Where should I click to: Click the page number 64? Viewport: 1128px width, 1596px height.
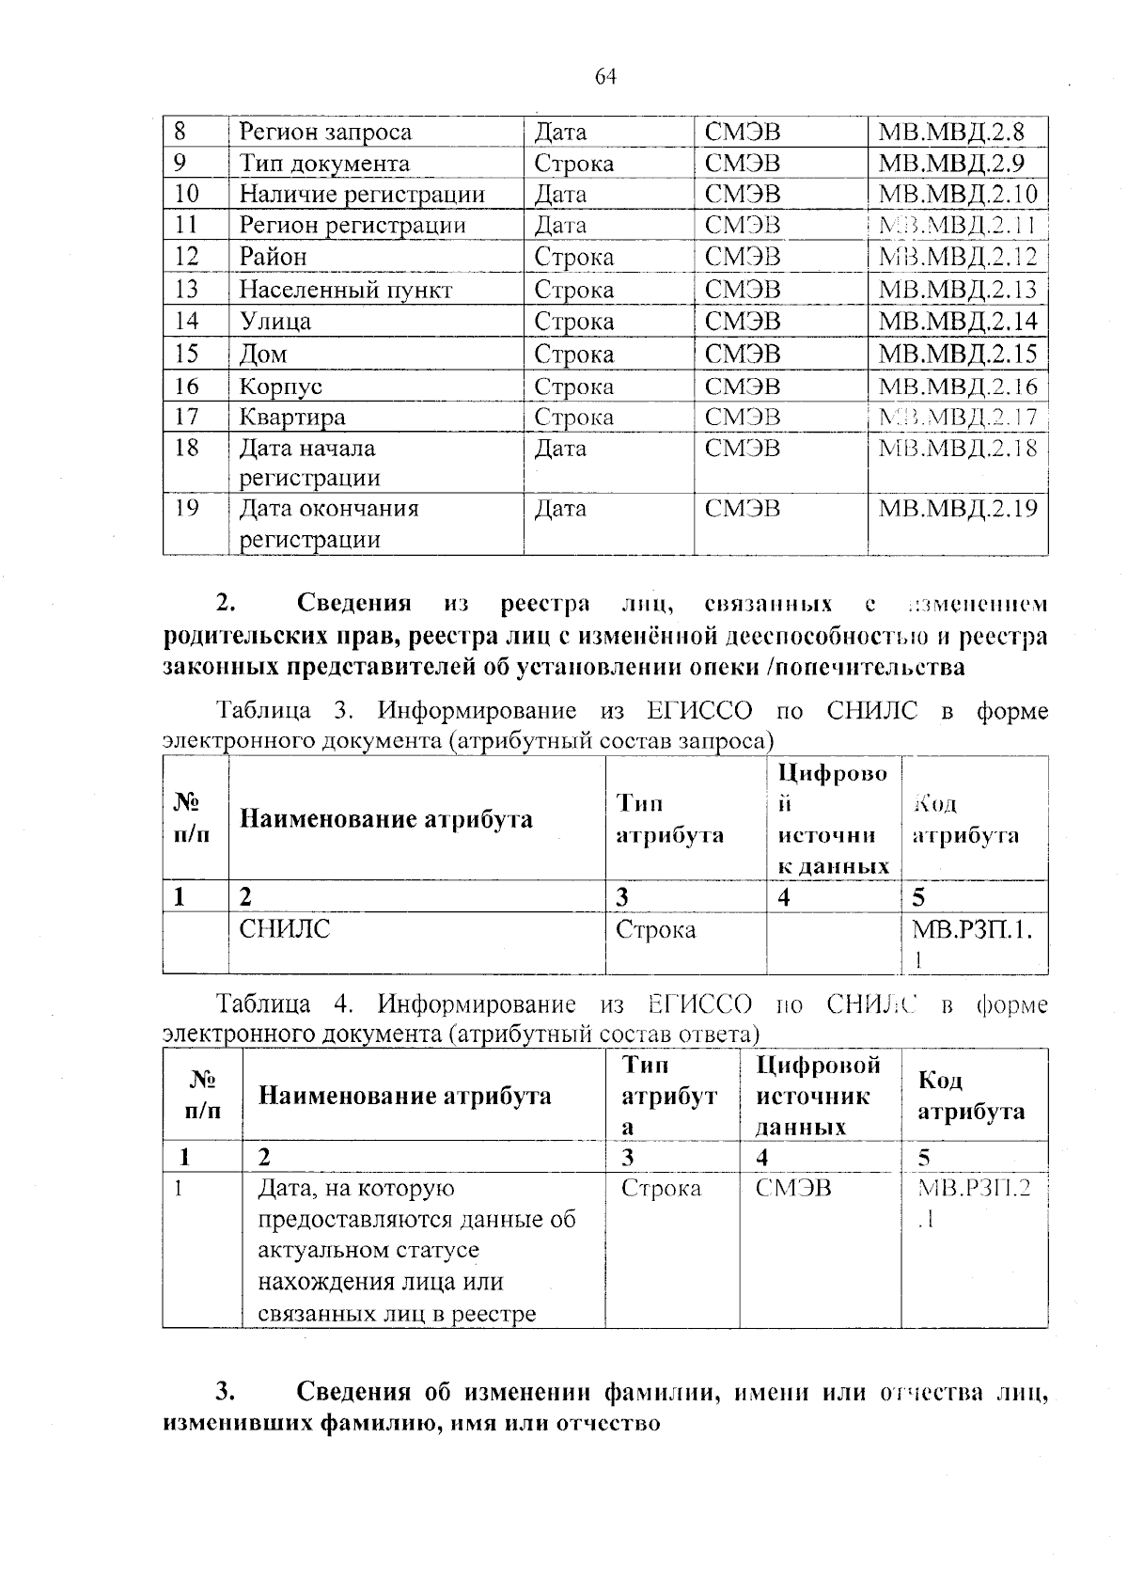tap(605, 77)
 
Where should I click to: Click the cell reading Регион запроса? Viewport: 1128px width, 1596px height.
tap(325, 133)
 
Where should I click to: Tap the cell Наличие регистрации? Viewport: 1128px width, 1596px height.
tap(362, 195)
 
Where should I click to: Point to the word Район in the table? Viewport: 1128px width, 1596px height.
tap(273, 257)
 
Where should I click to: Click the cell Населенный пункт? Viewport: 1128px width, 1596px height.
tap(345, 290)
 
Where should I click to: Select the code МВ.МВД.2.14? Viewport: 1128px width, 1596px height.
tap(957, 322)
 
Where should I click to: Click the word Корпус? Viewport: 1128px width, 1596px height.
tap(280, 387)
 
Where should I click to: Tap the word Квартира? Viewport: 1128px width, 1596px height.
tap(292, 417)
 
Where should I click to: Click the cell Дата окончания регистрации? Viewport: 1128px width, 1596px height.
tap(329, 524)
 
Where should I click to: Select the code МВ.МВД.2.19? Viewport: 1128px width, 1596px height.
tap(957, 510)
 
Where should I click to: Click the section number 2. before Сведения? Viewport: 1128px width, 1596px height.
tap(225, 603)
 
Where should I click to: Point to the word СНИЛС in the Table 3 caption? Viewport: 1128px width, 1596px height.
tap(871, 711)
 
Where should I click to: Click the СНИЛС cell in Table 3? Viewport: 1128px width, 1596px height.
tap(285, 930)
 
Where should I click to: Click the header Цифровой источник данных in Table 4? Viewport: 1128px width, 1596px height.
tap(818, 1096)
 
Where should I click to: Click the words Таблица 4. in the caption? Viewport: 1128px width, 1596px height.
tap(284, 1004)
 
